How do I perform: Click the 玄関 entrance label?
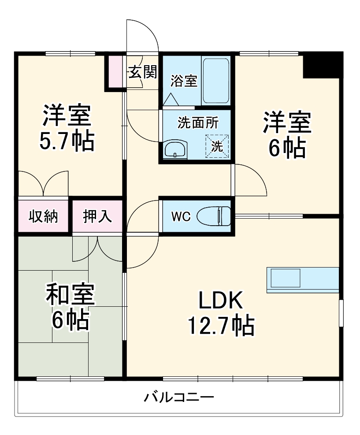143,72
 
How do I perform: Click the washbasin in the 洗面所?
175,150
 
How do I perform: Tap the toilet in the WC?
214,216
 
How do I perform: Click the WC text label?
181,217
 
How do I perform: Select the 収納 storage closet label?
44,217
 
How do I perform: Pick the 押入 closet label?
97,217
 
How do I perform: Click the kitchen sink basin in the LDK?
285,279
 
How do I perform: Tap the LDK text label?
220,301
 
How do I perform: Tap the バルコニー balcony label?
179,398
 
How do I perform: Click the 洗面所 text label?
198,123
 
